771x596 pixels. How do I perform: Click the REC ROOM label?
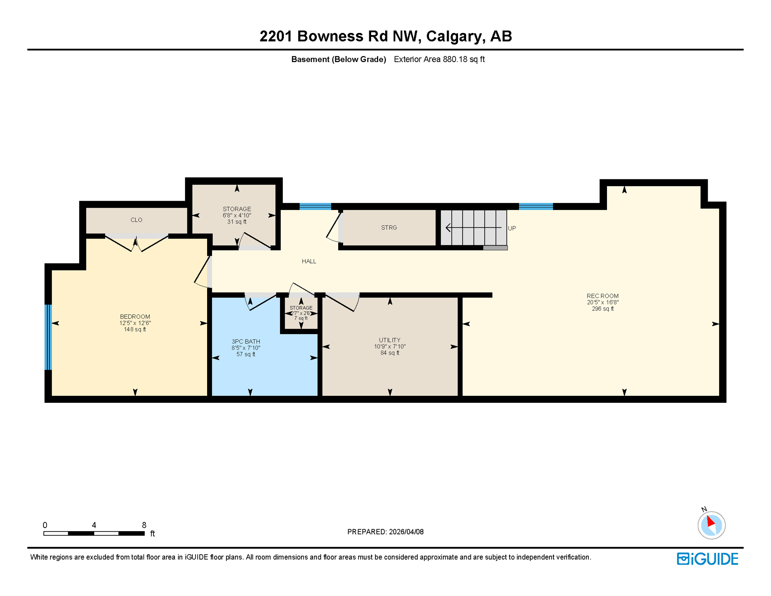tap(602, 296)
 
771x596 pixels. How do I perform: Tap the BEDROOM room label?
tap(135, 317)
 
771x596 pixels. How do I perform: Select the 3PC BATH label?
tap(246, 341)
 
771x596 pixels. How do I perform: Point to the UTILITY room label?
tap(389, 340)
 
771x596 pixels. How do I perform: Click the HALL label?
tap(309, 261)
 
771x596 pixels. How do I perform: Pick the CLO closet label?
tap(136, 220)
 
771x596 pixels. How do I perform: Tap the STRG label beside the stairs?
tap(389, 228)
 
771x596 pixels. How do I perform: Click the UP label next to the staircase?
tap(512, 228)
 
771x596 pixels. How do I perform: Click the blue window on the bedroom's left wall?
tap(48, 337)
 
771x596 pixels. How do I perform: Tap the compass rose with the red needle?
tap(711, 525)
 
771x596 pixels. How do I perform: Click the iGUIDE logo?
tap(707, 559)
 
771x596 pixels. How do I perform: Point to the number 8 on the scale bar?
tap(144, 525)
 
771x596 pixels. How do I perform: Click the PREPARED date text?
tap(385, 532)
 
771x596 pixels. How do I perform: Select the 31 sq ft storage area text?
tap(237, 222)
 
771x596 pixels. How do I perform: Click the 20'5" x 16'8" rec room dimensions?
tap(602, 302)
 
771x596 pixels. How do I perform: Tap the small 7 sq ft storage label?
tap(301, 318)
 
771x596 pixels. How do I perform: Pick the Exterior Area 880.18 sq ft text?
tap(439, 59)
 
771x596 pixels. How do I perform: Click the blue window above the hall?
tap(315, 206)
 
